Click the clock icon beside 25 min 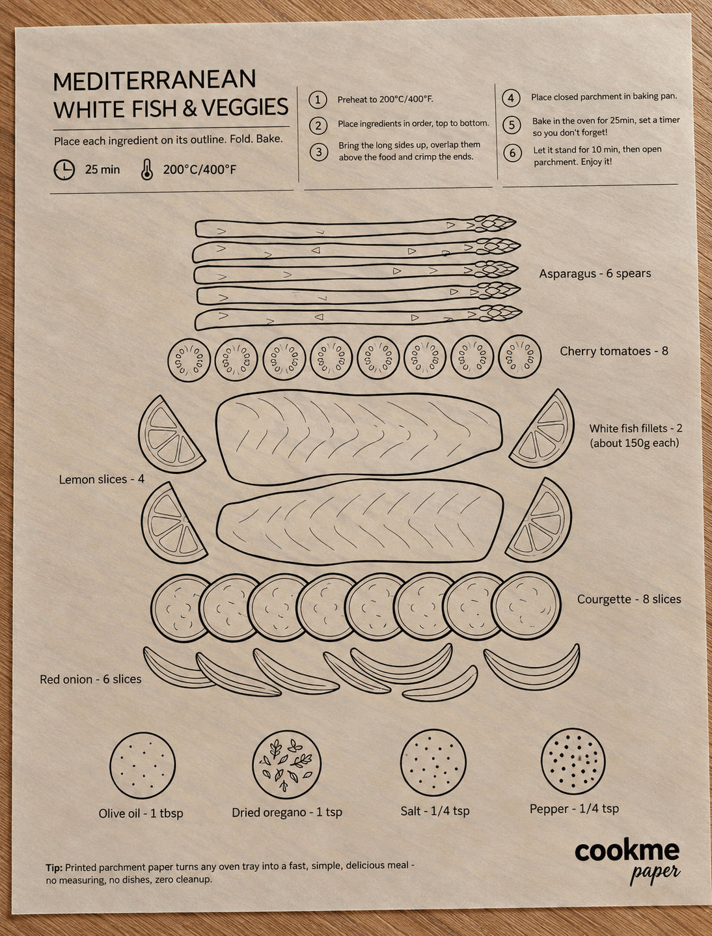click(x=64, y=170)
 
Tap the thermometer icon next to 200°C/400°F click(x=147, y=170)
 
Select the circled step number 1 click(x=318, y=100)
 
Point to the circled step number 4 click(x=511, y=98)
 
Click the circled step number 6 click(x=512, y=153)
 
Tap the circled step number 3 click(x=319, y=152)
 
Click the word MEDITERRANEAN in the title click(x=154, y=80)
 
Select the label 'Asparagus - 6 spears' click(x=595, y=273)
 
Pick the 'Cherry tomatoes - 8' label click(x=614, y=351)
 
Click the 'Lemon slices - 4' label click(x=102, y=479)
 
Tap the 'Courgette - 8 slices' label click(x=629, y=599)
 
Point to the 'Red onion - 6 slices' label click(x=90, y=679)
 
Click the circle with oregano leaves click(x=286, y=764)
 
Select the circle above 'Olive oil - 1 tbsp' click(x=143, y=765)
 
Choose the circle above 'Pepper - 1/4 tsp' click(x=573, y=761)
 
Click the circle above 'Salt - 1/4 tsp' click(x=433, y=762)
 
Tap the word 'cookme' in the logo click(x=627, y=851)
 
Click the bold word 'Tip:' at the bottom click(x=54, y=868)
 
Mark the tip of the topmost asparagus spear click(x=516, y=222)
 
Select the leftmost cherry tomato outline click(x=189, y=359)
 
